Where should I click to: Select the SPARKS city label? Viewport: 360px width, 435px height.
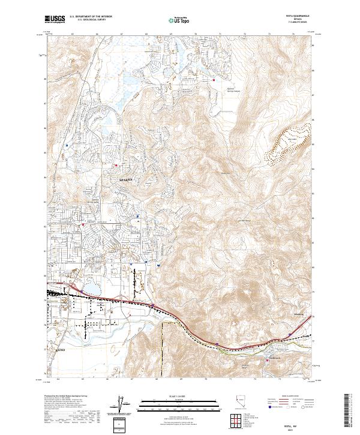(x=124, y=179)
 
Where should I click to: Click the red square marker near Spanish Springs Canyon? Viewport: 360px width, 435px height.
(x=214, y=79)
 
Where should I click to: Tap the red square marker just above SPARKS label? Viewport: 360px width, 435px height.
(x=116, y=165)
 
